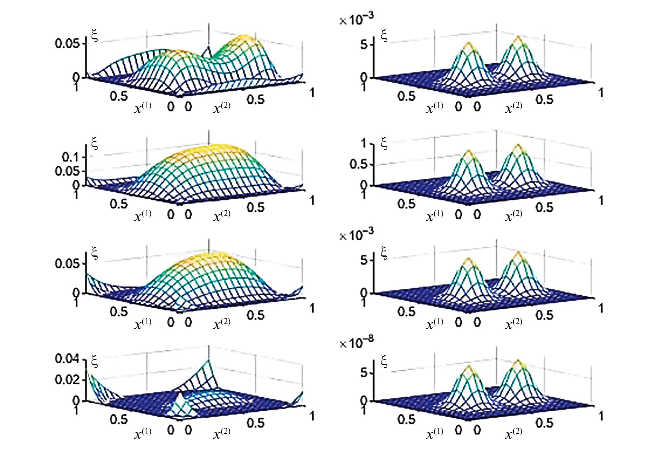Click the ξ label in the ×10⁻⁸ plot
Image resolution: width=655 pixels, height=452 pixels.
pyautogui.click(x=384, y=361)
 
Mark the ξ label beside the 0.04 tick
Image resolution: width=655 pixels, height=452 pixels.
pyautogui.click(x=94, y=361)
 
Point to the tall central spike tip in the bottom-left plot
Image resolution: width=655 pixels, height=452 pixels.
pyautogui.click(x=208, y=360)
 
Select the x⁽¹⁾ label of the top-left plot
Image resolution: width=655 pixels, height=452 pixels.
pyautogui.click(x=143, y=108)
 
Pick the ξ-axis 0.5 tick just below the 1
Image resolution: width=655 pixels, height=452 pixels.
pyautogui.click(x=358, y=164)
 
